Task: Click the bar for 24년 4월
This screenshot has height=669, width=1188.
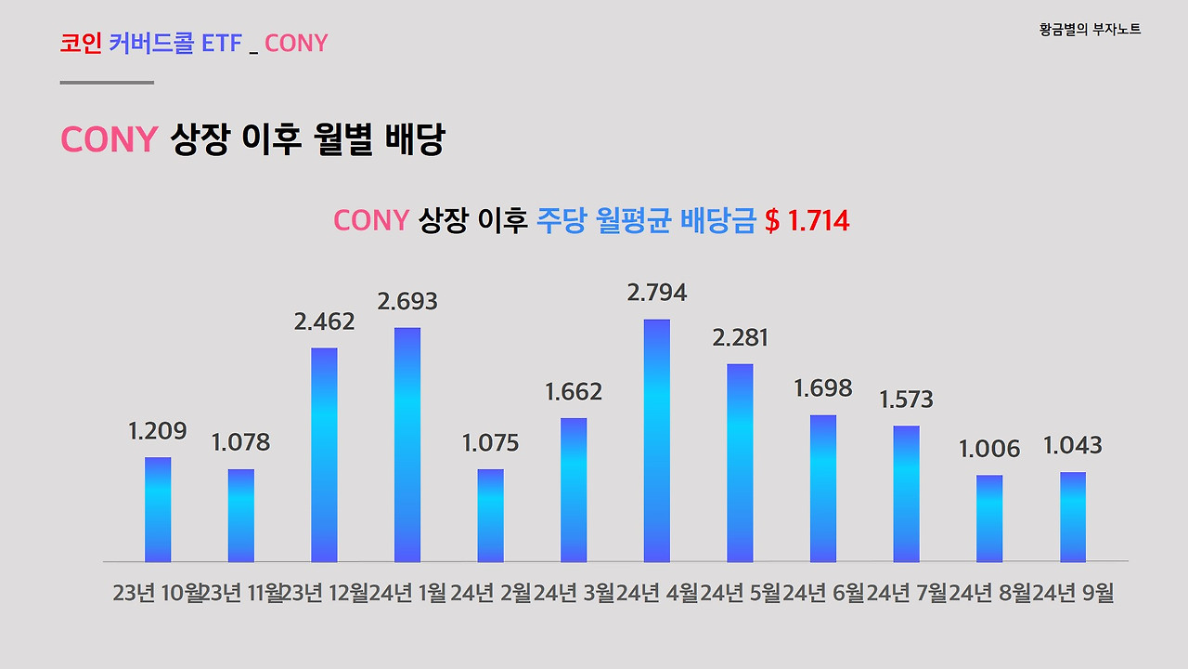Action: coord(657,440)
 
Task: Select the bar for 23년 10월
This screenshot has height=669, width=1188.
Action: coord(158,509)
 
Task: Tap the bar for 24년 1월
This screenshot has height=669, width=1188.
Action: coord(407,444)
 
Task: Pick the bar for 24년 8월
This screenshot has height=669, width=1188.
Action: coord(989,518)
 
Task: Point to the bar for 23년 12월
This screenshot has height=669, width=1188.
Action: coord(324,454)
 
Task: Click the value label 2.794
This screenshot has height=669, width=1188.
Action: coord(657,293)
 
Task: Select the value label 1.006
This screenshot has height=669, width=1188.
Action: coord(989,449)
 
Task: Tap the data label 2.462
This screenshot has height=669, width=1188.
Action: coord(324,321)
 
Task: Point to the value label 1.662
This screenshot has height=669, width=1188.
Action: coord(574,391)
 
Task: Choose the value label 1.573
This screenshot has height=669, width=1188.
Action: coord(906,400)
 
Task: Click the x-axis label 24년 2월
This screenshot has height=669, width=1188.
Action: coord(491,593)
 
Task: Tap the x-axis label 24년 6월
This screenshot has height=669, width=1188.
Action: coord(823,593)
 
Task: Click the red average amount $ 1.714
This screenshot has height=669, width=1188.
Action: coord(807,221)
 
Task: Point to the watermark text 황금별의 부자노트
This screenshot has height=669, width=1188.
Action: coord(1090,30)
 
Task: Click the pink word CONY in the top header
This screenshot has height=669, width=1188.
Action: coord(296,43)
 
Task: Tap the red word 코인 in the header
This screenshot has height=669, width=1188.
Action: coord(81,43)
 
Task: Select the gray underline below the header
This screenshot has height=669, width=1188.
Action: coord(107,83)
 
